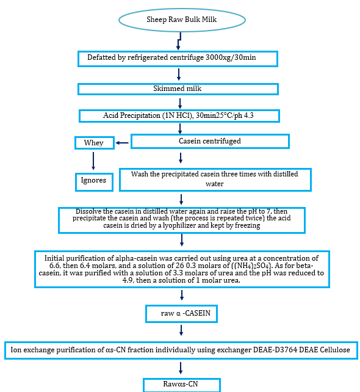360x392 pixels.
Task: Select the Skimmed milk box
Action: point(178,89)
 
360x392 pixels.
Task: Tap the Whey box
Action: point(94,143)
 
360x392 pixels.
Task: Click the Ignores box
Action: point(93,180)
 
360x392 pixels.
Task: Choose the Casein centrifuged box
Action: point(210,141)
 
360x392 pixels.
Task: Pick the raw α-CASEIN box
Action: point(181,314)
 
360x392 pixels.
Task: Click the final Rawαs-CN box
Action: point(181,385)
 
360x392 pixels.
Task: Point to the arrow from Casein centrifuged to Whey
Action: point(122,143)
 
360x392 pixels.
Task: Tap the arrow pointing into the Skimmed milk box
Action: point(179,74)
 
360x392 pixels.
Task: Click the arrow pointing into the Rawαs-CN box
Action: point(181,367)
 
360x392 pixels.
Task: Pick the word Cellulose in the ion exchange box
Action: point(328,350)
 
